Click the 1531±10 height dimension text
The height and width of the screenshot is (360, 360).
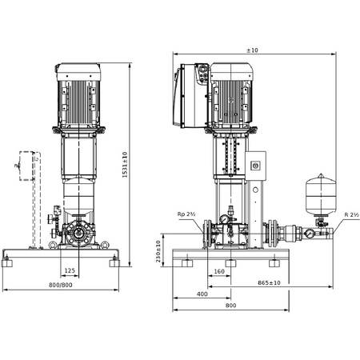pyautogui.click(x=125, y=166)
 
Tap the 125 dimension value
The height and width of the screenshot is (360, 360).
pyautogui.click(x=70, y=270)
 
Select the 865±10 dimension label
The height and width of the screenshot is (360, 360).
pyautogui.click(x=274, y=282)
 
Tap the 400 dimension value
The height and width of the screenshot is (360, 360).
pyautogui.click(x=202, y=294)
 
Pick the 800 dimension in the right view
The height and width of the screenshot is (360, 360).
pyautogui.click(x=230, y=306)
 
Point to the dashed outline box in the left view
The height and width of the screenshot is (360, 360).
pyautogui.click(x=29, y=166)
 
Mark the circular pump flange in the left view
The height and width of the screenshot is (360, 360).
pyautogui.click(x=78, y=237)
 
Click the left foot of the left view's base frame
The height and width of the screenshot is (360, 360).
pyautogui.click(x=10, y=261)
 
